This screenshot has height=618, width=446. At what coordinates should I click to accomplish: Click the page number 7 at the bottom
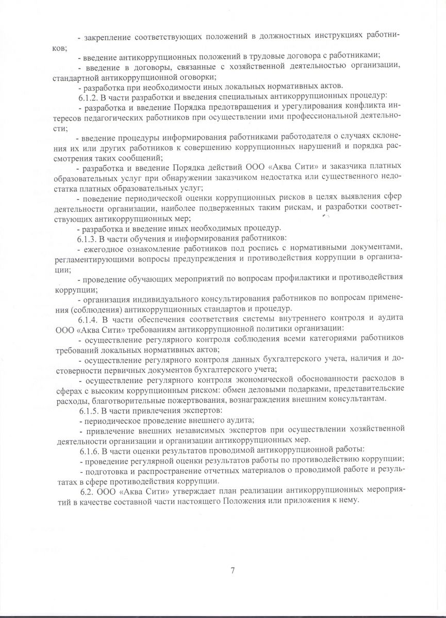(233, 570)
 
